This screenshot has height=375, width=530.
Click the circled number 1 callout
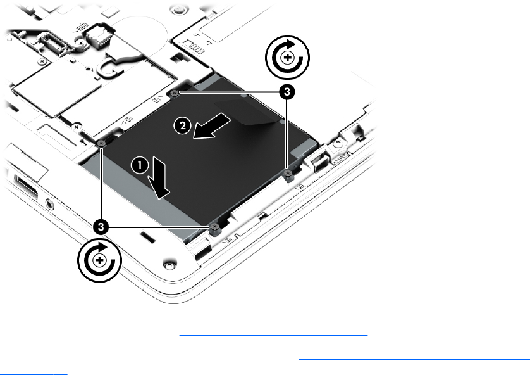tap(140, 165)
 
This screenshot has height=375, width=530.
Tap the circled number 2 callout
tap(183, 126)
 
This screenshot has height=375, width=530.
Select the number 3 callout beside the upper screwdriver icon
tap(287, 92)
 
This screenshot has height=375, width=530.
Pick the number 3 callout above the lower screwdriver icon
tap(101, 227)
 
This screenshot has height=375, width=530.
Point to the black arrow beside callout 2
tap(212, 126)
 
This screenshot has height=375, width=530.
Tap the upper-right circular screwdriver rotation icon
tap(287, 58)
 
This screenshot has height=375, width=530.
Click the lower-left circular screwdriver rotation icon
tap(99, 260)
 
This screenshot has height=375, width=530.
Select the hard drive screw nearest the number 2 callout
tap(175, 92)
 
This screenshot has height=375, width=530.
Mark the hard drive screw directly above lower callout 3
tap(101, 144)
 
